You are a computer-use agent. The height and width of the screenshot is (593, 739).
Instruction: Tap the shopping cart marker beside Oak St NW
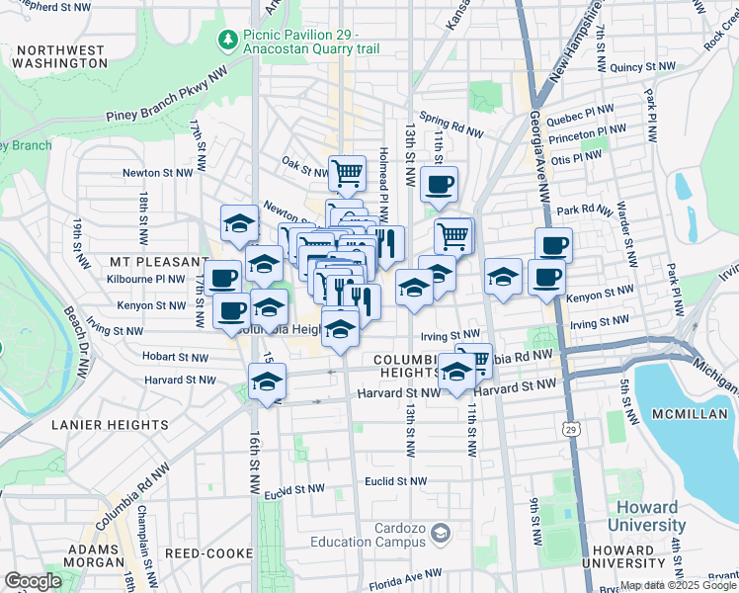coord(347,173)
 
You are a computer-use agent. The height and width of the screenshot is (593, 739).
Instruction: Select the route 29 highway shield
coord(571,428)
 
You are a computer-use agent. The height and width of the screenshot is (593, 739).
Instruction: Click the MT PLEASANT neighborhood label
coord(148,262)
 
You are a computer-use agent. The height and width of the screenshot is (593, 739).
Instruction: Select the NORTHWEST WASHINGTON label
coord(60,55)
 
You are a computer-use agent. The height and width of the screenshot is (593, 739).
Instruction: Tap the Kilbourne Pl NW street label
coord(149,280)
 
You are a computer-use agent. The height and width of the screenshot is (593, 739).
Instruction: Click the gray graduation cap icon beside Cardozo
coord(439,534)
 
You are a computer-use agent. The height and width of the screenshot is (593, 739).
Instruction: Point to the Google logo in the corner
coord(33,581)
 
